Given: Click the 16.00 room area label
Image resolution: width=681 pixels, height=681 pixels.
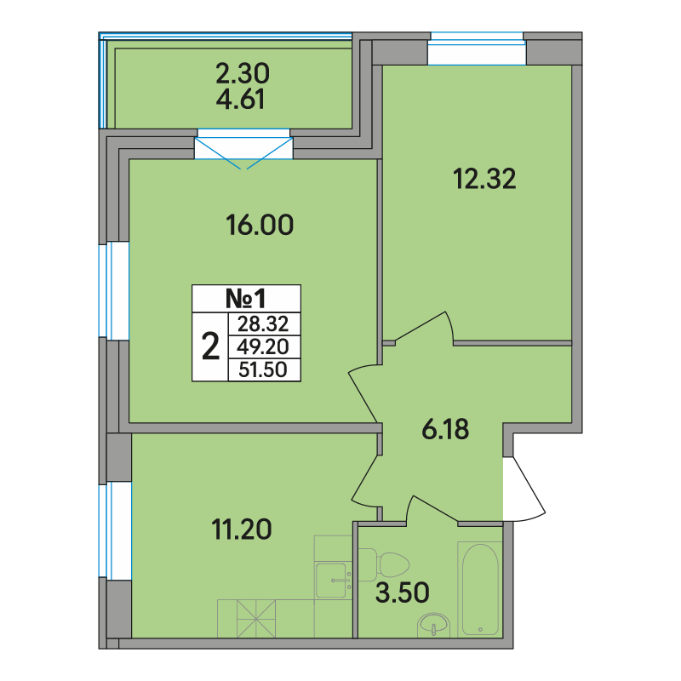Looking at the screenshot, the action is point(260,225).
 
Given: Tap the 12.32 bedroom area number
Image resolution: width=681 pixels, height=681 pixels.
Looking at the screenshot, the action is point(484,179).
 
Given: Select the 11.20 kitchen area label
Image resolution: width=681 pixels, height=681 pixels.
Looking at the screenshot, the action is point(242,529).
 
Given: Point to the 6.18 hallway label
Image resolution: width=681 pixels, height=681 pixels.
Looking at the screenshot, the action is point(445,430).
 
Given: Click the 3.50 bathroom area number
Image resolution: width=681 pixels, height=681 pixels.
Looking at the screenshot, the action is point(402,592).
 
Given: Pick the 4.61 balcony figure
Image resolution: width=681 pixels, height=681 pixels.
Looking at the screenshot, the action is point(240,100).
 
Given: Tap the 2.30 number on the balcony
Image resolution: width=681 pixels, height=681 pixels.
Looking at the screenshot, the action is point(243,73).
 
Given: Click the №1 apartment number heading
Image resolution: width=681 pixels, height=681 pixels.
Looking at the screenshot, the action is point(246,299).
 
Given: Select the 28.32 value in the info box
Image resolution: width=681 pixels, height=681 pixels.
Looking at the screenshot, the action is point(263,324).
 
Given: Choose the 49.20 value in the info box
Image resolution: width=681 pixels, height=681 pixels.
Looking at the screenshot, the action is point(263,347).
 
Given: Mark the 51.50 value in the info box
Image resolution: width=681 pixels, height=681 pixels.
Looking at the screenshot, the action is point(263,370).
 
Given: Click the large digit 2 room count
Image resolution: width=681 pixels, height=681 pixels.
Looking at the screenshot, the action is point(210,346).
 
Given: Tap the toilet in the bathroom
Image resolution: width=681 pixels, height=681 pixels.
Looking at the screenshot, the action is point(385,564).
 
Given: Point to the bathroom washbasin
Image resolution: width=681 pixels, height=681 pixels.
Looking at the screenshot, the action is point(433,626).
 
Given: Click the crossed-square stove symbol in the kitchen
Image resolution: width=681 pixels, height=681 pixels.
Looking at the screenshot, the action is point(256,619).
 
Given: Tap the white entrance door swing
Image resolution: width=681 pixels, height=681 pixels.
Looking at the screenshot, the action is point(524,488).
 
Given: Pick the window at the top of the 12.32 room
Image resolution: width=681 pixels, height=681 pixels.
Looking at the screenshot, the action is point(477,49).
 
